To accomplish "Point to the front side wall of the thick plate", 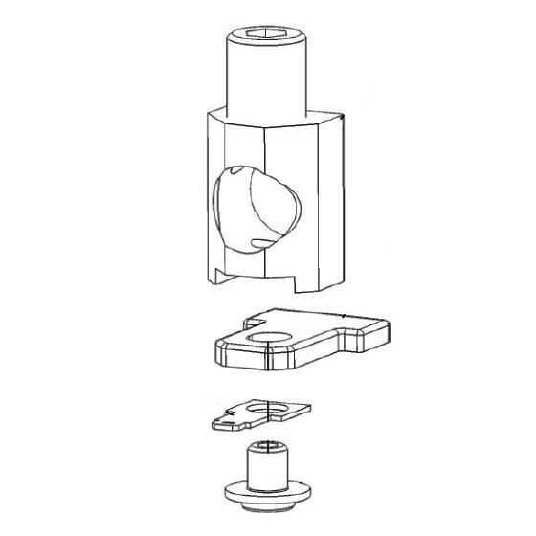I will (x=287, y=359).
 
